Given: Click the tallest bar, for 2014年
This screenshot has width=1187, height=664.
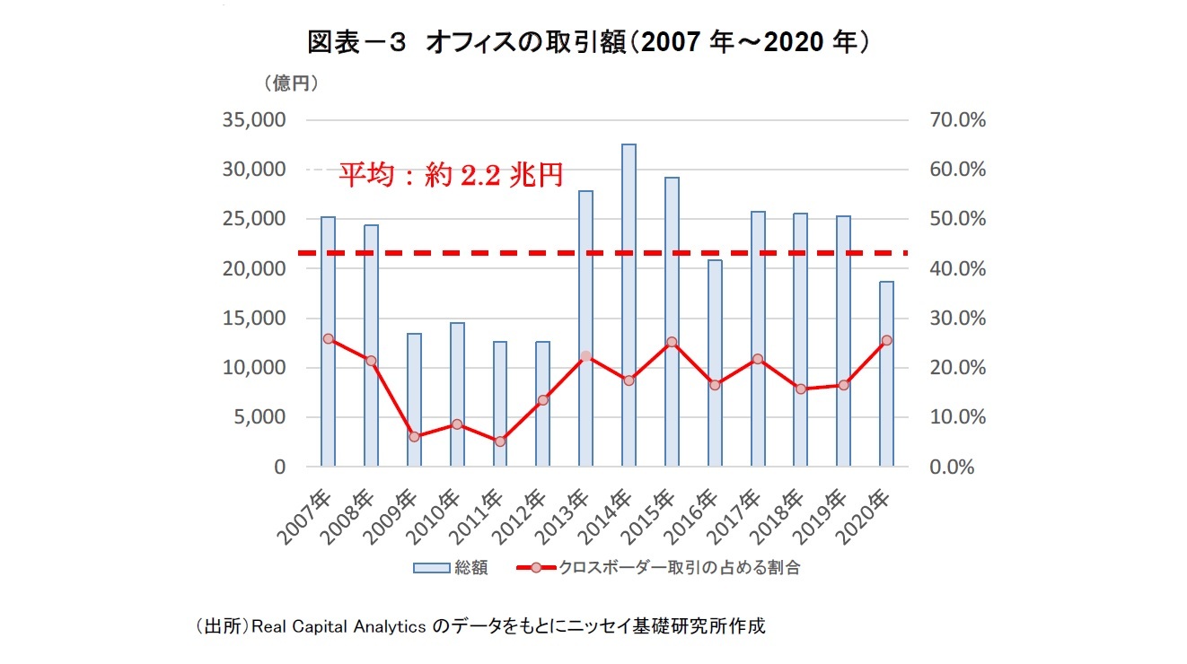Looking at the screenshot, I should tap(629, 305).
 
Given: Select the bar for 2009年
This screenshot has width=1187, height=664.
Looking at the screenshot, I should tap(414, 399).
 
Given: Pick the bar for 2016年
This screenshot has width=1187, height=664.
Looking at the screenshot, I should tap(715, 363).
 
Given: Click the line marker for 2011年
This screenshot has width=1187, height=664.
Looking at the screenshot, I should tap(500, 441).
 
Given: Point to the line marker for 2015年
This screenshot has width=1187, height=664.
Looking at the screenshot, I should tap(672, 342).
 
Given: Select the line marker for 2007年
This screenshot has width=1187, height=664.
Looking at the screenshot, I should tap(328, 339).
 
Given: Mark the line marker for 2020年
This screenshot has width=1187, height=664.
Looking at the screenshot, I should tap(886, 340).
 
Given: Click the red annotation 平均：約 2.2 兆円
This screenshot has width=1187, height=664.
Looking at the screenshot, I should tap(450, 175).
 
